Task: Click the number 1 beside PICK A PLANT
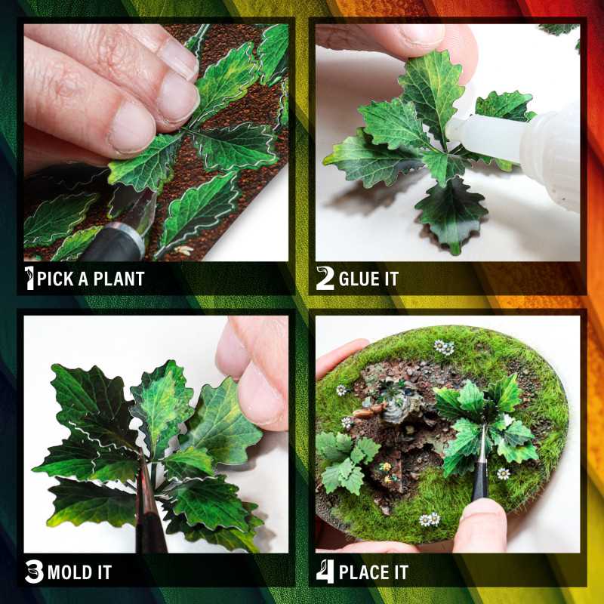[x=29, y=278]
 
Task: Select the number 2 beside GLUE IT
[x=325, y=279]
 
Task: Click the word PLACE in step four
[x=363, y=572]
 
